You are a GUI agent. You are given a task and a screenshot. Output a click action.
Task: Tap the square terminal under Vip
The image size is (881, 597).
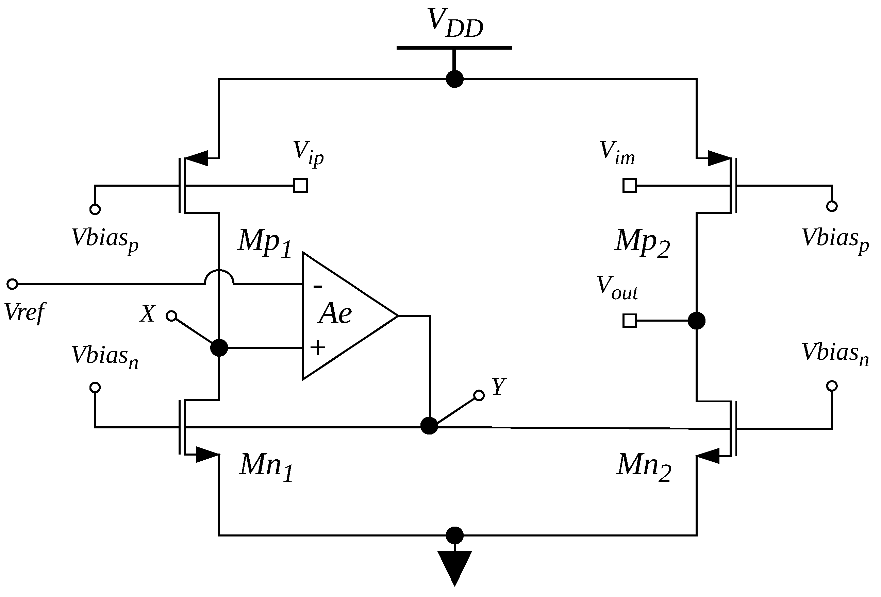pos(300,186)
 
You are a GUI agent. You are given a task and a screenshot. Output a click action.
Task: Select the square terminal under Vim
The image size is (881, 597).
pos(630,186)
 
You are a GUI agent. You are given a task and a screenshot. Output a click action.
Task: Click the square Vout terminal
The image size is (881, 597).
pos(630,321)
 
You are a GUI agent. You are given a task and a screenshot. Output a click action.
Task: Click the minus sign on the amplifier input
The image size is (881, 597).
pos(318,287)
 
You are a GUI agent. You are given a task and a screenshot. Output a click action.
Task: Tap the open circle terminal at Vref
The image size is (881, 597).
pos(13,284)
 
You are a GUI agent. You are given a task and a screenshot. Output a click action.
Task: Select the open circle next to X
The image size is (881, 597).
pos(171,315)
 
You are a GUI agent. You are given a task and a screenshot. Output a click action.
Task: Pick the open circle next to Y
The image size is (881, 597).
pos(479,395)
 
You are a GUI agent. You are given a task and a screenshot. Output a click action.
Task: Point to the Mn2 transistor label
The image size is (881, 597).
pos(643,467)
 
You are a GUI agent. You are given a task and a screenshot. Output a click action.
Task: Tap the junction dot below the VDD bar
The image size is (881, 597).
pos(454,79)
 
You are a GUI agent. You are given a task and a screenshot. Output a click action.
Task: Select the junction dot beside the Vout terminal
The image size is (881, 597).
pos(696,321)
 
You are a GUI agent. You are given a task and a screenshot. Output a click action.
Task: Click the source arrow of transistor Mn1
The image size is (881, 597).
pos(207,454)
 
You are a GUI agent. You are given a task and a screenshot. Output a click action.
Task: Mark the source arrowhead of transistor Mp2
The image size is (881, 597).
pos(718,158)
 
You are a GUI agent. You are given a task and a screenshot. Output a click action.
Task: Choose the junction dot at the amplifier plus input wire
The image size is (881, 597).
pos(219,347)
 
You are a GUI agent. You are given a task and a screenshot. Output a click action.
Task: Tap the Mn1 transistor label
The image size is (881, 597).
pos(266,467)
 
